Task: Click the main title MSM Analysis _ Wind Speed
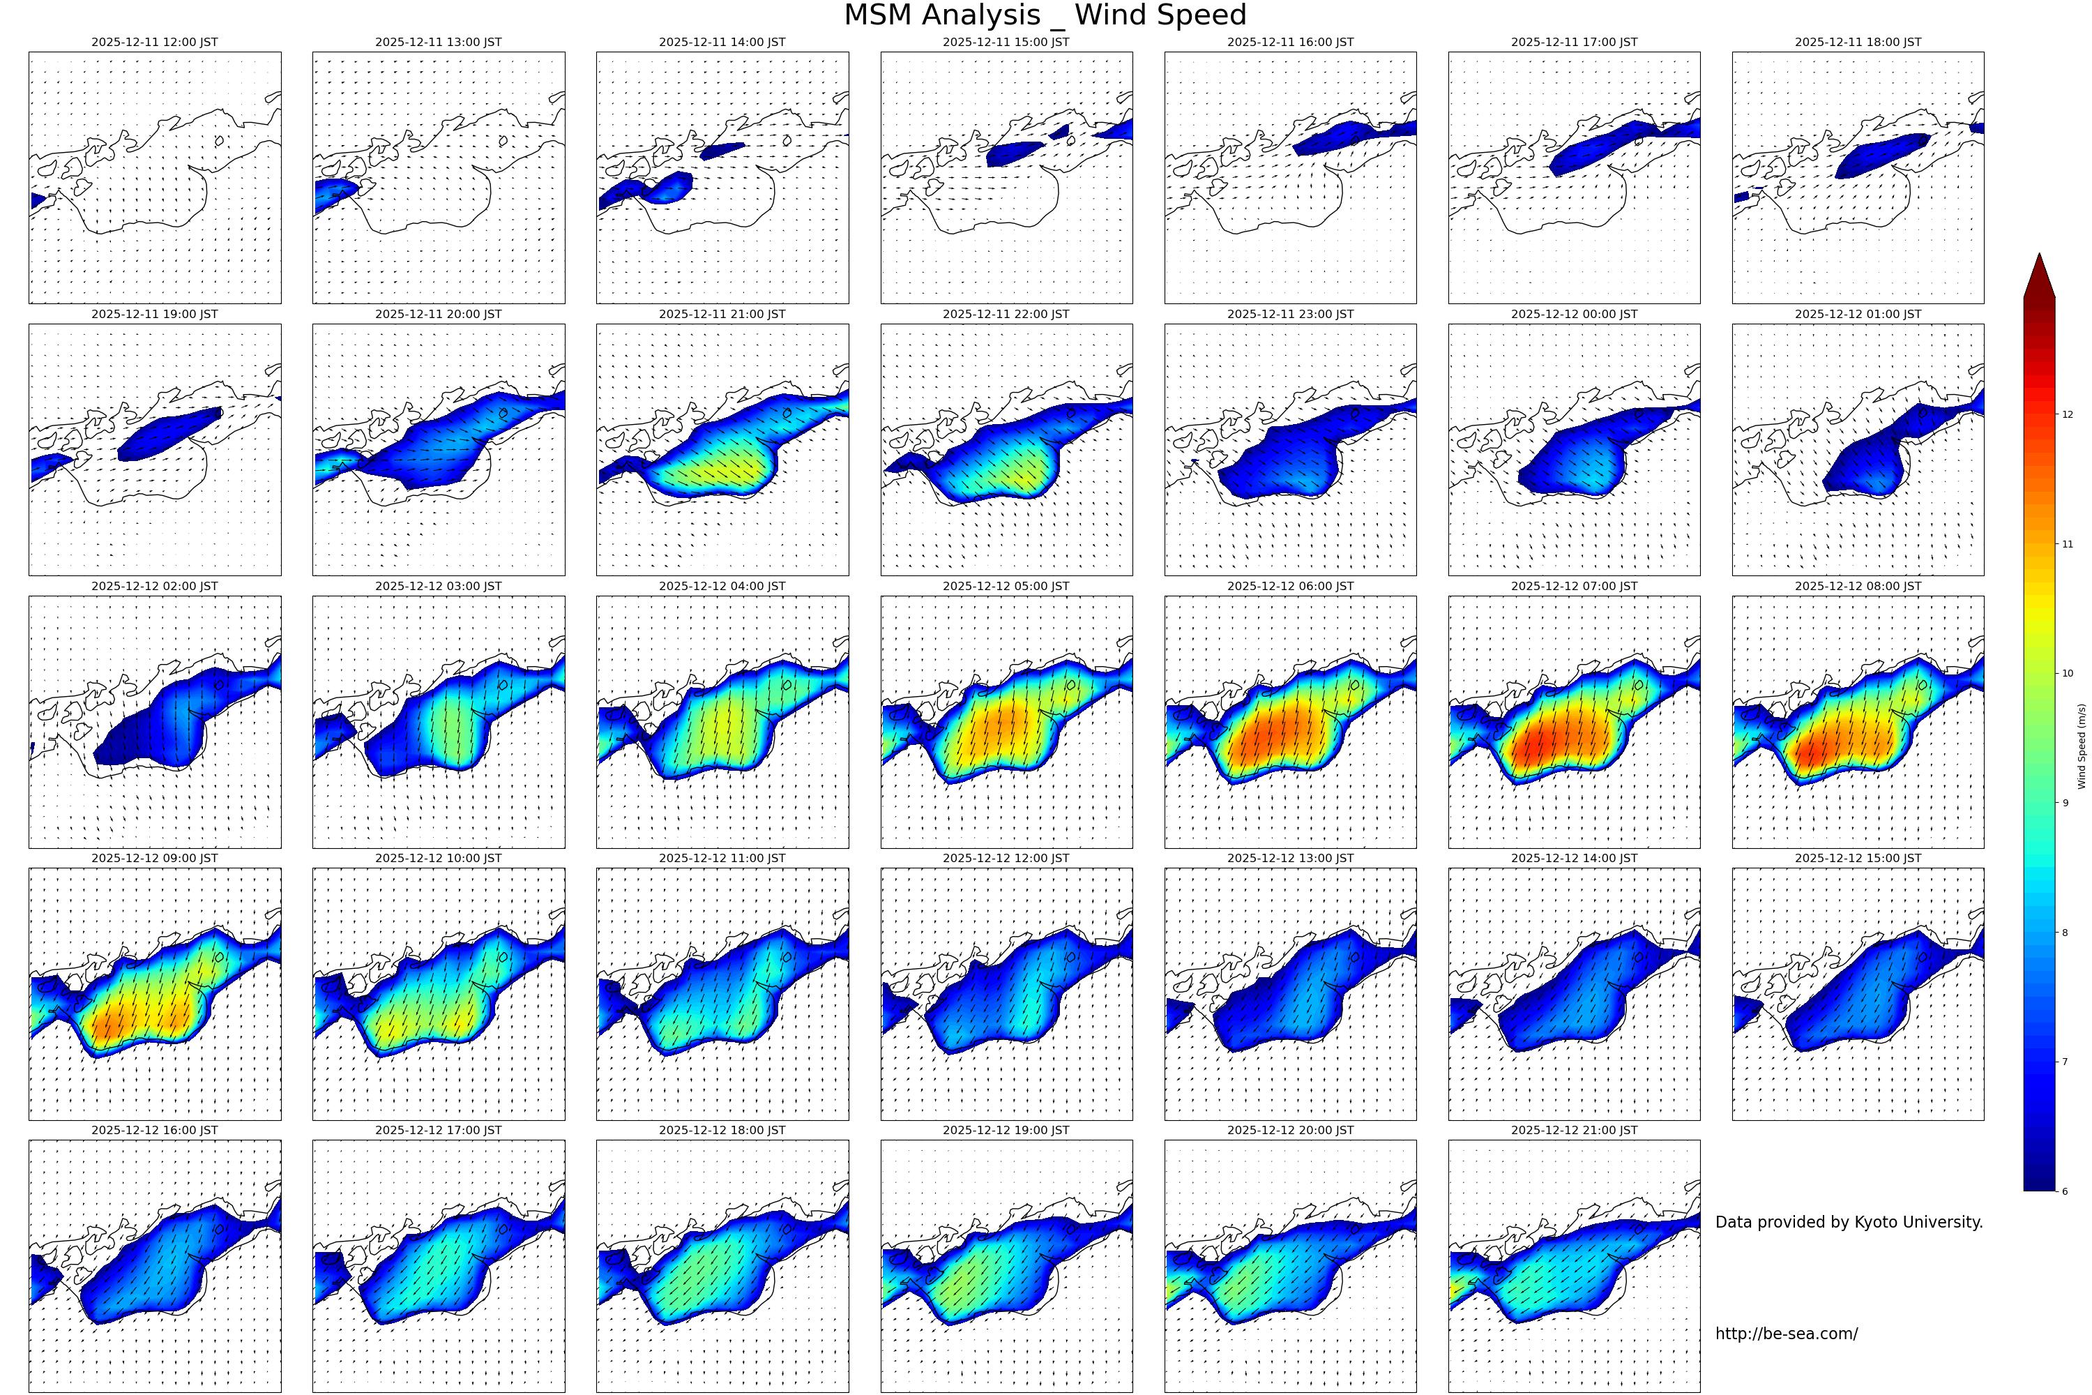[1045, 15]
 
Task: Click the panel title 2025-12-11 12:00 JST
[154, 42]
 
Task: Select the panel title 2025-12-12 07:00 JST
[1573, 587]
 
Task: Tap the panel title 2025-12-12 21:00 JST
[1573, 1130]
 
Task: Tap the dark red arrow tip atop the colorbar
[2038, 271]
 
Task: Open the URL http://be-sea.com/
[1786, 1334]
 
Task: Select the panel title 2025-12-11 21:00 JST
[721, 314]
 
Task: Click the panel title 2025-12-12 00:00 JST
[1573, 314]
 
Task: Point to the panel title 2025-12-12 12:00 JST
[1006, 859]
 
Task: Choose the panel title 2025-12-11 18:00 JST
[1857, 42]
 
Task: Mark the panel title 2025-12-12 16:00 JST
[154, 1130]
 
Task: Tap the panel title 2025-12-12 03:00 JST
[438, 587]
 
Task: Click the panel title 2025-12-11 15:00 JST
[1006, 42]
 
